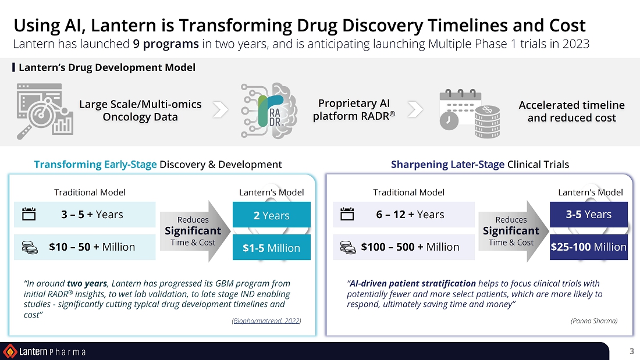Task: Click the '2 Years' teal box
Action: [x=272, y=215]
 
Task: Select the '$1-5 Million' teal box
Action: [x=272, y=247]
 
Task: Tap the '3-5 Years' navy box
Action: [x=589, y=214]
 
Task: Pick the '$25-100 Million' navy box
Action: [x=589, y=247]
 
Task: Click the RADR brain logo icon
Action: [x=269, y=111]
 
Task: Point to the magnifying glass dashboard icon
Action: [x=45, y=111]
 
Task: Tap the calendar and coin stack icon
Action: [x=470, y=113]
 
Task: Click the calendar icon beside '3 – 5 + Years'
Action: [x=29, y=214]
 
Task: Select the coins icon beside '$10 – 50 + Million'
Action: [x=30, y=247]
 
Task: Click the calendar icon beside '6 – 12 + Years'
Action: [x=347, y=214]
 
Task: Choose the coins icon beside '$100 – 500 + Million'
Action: [x=348, y=247]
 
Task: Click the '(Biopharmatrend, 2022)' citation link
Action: [x=266, y=321]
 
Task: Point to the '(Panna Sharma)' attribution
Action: [x=594, y=321]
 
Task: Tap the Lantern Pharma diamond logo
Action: [x=10, y=351]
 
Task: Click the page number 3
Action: [x=631, y=351]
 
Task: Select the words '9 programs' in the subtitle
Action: [x=166, y=44]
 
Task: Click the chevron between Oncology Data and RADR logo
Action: [x=221, y=109]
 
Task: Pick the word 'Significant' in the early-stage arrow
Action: [x=193, y=231]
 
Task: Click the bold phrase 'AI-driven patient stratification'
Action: [x=413, y=283]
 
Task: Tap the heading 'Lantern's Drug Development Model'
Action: [x=107, y=67]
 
